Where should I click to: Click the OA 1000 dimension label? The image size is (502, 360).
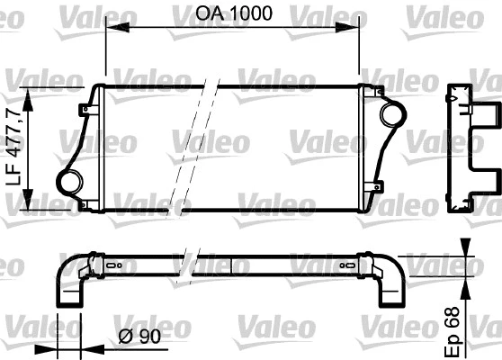click(x=233, y=13)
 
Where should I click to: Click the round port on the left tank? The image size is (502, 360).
click(x=69, y=180)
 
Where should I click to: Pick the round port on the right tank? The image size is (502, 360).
click(x=392, y=115)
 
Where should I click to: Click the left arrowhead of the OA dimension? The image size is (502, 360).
click(x=112, y=27)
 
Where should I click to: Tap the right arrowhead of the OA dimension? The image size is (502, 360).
click(x=353, y=27)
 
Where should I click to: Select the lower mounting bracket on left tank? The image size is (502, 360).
click(x=85, y=204)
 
